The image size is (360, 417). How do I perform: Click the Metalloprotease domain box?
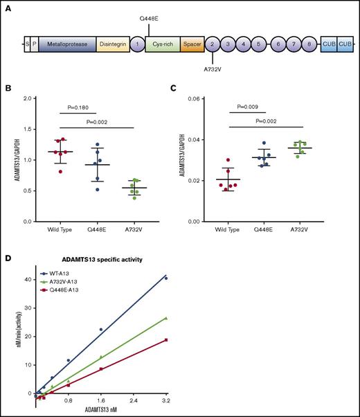(67, 43)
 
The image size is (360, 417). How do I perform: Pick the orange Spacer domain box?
(191, 43)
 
